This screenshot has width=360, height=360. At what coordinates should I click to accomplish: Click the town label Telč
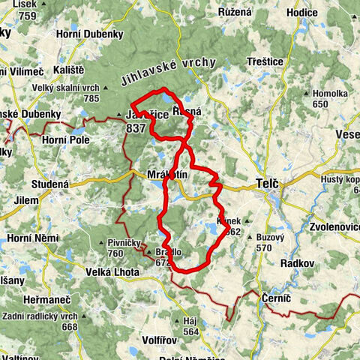click(x=268, y=182)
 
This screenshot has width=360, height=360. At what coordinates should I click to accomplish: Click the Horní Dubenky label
click(x=93, y=34)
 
